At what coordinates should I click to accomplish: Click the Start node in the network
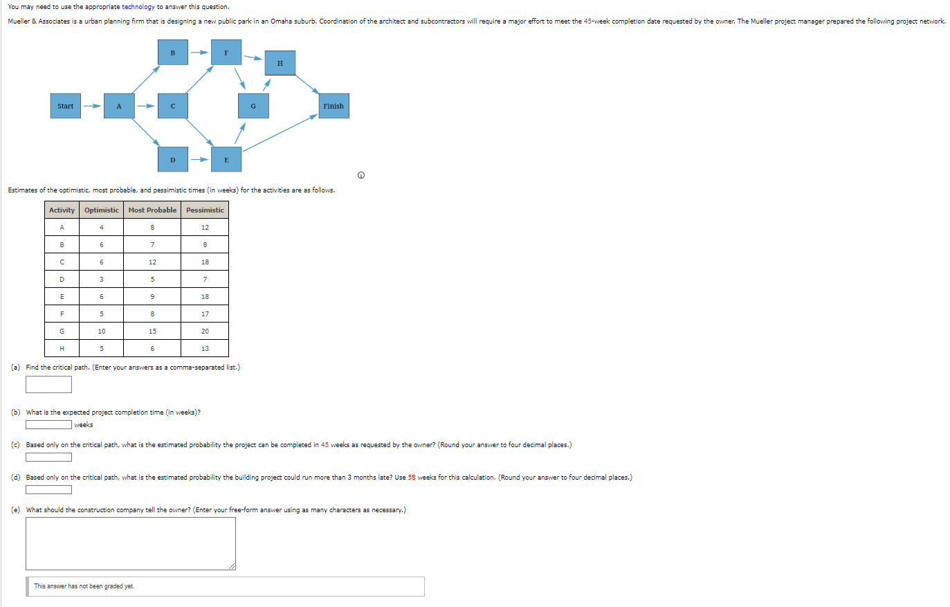click(x=65, y=106)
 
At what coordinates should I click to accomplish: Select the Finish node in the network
click(x=333, y=106)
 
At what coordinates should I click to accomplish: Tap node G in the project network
click(x=253, y=106)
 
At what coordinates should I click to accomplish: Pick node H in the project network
click(x=280, y=63)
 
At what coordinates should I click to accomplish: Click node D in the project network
click(x=172, y=160)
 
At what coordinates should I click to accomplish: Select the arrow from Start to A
click(x=92, y=106)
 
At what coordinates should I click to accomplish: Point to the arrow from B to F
click(x=199, y=52)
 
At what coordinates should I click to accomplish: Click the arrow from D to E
click(x=199, y=160)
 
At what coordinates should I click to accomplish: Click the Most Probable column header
click(x=152, y=210)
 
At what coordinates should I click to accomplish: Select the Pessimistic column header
click(x=205, y=210)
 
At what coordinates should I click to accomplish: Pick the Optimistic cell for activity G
click(x=102, y=331)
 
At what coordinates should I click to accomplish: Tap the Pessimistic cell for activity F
click(x=205, y=314)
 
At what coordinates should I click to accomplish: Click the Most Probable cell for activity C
click(x=152, y=262)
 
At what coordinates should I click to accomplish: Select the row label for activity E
click(x=62, y=296)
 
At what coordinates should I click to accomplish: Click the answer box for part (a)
click(x=48, y=384)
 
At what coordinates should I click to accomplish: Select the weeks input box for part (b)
click(x=48, y=425)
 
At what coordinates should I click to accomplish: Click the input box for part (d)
click(x=48, y=490)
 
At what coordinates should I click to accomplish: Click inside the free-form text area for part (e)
click(x=130, y=543)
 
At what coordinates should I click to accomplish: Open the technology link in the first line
click(x=138, y=7)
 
